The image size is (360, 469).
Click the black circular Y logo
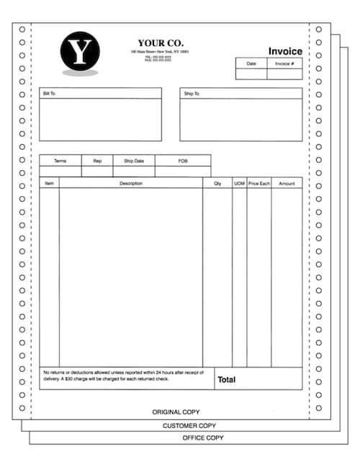80,52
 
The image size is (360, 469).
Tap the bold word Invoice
285,51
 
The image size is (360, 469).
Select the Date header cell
251,63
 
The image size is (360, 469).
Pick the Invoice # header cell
284,63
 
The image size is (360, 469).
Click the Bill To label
49,94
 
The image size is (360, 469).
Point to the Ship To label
191,94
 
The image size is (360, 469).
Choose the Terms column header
60,161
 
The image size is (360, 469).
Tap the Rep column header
97,161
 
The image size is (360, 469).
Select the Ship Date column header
134,161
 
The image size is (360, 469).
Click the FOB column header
183,161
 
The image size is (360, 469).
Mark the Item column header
49,184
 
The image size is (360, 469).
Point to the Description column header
131,184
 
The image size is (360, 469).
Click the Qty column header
217,184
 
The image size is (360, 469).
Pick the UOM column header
239,184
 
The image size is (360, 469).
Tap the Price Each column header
259,184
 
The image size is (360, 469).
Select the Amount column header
287,184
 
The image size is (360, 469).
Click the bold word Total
227,379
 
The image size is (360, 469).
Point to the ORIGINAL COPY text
176,412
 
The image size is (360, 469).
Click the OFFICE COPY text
202,437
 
